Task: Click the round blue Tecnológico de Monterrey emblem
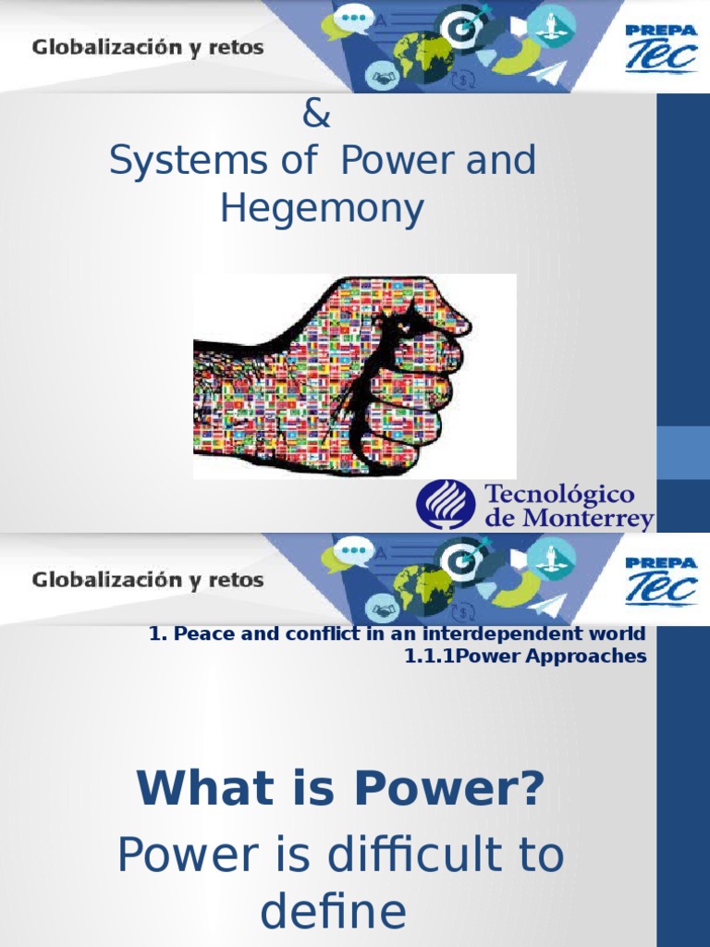point(447,504)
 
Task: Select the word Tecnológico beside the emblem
point(560,494)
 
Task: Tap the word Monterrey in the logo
point(585,519)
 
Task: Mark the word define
point(333,912)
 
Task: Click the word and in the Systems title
point(502,161)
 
